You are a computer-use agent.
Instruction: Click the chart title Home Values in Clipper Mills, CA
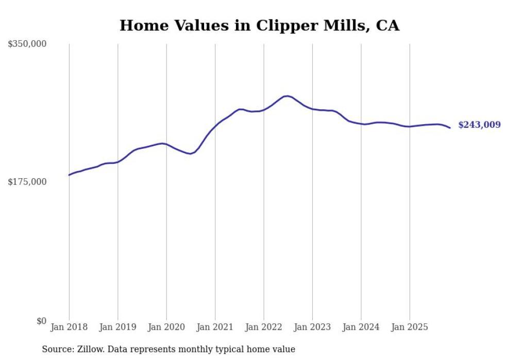259,25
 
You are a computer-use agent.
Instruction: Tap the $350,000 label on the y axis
27,44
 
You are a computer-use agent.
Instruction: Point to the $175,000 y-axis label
27,182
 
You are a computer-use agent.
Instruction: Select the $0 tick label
41,321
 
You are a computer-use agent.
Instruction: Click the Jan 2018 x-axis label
69,327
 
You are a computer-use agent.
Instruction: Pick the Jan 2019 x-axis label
117,327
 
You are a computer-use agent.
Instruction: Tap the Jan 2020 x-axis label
166,327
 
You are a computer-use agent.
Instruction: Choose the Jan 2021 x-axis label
215,327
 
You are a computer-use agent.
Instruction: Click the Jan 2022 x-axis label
264,327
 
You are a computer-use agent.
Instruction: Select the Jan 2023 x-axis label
312,327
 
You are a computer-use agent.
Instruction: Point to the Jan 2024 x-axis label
361,327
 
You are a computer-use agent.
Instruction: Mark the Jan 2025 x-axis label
410,327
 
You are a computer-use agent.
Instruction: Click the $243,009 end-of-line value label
479,125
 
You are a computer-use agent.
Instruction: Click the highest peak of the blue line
288,96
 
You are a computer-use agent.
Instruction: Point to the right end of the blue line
450,128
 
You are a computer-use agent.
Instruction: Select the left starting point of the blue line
69,175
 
